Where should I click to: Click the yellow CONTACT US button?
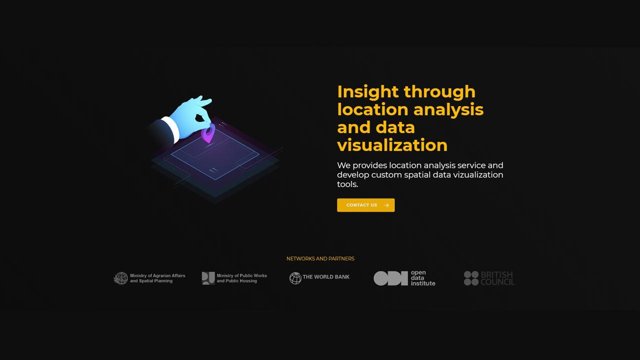coord(365,205)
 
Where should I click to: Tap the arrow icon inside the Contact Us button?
coord(386,205)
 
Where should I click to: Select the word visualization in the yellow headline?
coord(392,145)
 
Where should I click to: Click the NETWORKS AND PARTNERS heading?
coord(320,258)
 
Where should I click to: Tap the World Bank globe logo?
coord(295,278)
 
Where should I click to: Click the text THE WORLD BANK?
coord(326,277)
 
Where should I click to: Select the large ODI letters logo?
coord(390,278)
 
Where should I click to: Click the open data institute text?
coord(423,278)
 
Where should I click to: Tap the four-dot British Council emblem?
coord(471,278)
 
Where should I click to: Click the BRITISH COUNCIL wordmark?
coord(497,278)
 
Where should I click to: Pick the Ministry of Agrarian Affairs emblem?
coord(121,278)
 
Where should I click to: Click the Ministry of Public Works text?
coord(241,278)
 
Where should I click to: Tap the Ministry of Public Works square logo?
coord(208,278)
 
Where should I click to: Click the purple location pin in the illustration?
coord(208,133)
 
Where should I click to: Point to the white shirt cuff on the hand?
coord(171,129)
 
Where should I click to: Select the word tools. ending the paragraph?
coord(347,184)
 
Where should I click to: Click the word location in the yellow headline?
coord(373,109)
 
